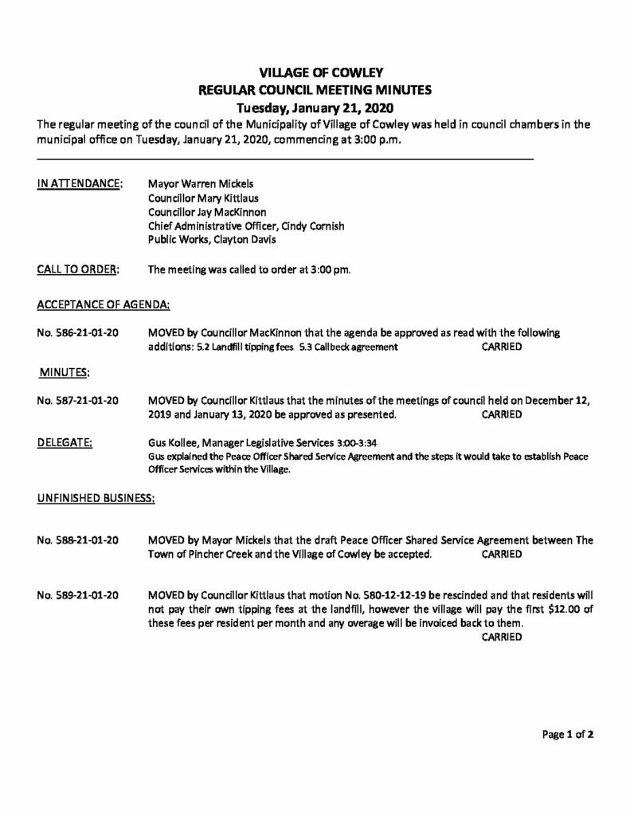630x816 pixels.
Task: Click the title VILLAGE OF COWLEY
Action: (x=314, y=73)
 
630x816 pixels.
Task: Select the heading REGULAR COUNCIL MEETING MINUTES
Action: (x=314, y=90)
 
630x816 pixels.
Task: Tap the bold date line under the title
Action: (x=314, y=108)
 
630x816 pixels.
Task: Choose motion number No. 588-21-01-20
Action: (x=78, y=539)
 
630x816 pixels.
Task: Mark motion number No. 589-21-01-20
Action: (x=78, y=595)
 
